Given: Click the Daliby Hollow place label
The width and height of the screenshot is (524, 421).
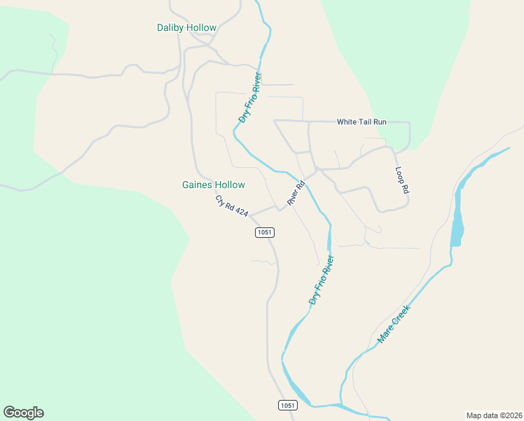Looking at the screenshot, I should tap(186, 28).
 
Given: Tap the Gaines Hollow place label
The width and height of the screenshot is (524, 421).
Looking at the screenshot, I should tap(214, 185).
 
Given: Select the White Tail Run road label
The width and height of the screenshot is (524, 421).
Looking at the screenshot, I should tap(361, 122).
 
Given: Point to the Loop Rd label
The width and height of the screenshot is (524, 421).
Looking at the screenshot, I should tap(401, 180).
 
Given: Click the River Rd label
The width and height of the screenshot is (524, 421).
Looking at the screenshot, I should tap(296, 194).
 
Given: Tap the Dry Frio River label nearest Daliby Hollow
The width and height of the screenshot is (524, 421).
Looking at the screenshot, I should tap(250, 98).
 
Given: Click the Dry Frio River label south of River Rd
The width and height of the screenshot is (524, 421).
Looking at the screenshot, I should tap(322, 280).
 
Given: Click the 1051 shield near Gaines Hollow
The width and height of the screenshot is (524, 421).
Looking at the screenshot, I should tap(264, 232).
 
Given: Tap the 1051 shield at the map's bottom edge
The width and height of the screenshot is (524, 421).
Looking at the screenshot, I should tap(287, 406).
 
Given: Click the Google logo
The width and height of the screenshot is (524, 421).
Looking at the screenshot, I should tap(23, 413).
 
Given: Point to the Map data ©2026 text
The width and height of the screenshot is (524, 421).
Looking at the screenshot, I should tap(494, 415).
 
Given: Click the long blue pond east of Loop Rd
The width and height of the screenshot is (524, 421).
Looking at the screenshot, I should tap(457, 218).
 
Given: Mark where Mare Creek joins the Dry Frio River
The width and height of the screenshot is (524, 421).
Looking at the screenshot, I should tap(340, 406).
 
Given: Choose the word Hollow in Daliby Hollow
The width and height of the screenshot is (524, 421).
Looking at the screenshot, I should tap(201, 28).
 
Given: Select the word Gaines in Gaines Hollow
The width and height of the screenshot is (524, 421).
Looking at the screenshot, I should tap(197, 185).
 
